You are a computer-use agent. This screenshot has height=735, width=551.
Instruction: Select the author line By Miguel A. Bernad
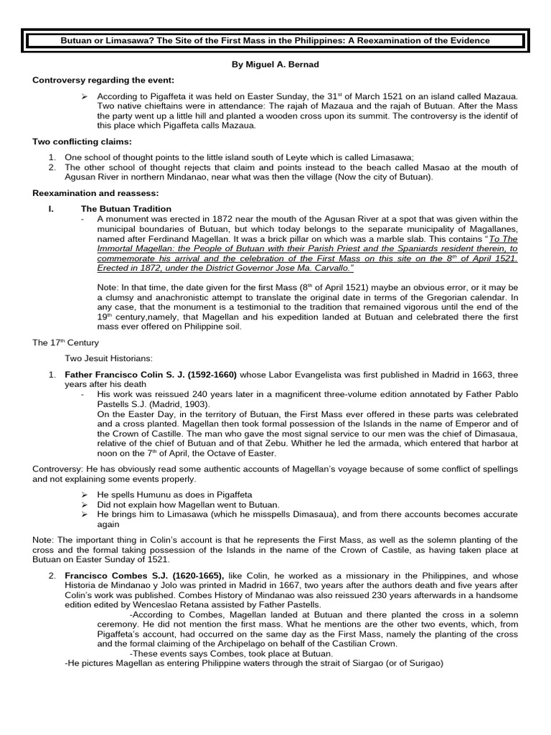click(275, 65)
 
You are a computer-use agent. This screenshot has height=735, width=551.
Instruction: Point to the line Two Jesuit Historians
click(106, 358)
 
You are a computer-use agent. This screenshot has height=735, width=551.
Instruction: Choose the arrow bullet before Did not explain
click(84, 505)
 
